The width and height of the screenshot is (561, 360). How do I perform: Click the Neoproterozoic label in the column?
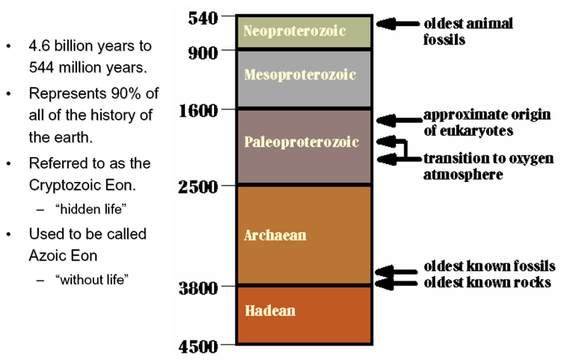(295, 31)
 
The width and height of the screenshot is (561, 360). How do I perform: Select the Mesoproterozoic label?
(300, 75)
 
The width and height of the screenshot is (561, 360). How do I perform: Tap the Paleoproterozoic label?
(301, 142)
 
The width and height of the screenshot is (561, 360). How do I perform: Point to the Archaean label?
(275, 235)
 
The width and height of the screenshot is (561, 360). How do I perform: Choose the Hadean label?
(270, 311)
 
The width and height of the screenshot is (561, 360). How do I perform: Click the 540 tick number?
(203, 18)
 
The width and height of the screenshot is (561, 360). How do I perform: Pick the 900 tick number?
(203, 53)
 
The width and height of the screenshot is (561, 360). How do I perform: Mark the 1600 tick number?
(198, 111)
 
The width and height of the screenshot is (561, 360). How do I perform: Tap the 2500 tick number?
(198, 187)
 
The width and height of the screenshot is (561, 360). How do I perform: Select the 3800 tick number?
(198, 288)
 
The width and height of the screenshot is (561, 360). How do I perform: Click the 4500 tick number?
(198, 347)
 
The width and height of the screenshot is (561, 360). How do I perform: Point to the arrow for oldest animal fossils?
(398, 24)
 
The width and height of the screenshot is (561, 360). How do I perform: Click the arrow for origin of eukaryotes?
(399, 120)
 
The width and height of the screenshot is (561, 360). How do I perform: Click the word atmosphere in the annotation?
(463, 174)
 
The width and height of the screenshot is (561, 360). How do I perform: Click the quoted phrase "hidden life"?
(91, 210)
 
